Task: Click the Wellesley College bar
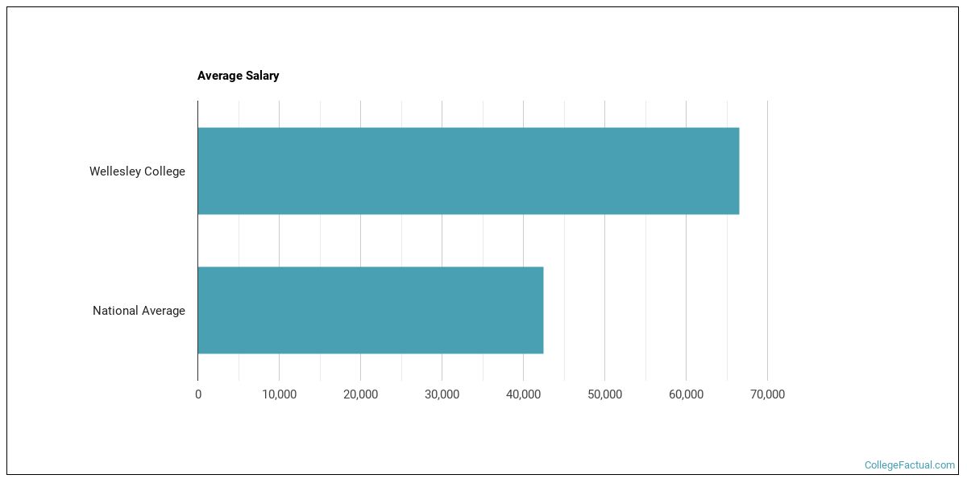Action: click(x=467, y=171)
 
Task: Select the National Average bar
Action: click(x=370, y=310)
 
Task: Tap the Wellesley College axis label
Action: click(x=137, y=171)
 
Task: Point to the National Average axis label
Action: click(x=139, y=311)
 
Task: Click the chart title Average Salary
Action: click(x=238, y=76)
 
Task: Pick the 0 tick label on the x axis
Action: click(x=198, y=394)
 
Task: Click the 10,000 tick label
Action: click(x=279, y=394)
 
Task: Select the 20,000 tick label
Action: click(x=360, y=394)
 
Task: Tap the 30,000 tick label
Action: click(x=442, y=394)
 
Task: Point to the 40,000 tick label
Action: click(x=523, y=394)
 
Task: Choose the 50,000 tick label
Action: click(x=604, y=394)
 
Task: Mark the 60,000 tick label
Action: click(x=686, y=394)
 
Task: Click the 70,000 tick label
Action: click(x=767, y=394)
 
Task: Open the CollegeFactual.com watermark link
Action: click(x=909, y=465)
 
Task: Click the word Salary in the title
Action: click(x=262, y=76)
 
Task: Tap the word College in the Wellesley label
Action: click(x=164, y=171)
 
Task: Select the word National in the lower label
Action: click(x=115, y=311)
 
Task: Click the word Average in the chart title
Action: click(x=220, y=76)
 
